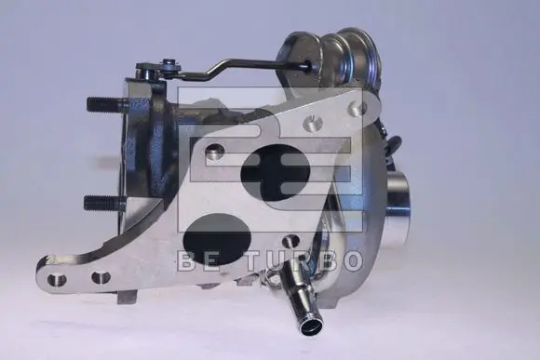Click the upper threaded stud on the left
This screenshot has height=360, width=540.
[x=107, y=104]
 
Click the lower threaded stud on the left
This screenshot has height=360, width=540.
[x=106, y=203]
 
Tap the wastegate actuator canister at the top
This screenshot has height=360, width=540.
[x=331, y=59]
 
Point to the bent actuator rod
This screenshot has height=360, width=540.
[x=241, y=68]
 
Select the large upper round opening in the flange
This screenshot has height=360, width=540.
[x=275, y=173]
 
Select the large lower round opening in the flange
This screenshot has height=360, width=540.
[x=217, y=238]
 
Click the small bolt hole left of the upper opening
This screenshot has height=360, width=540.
[x=214, y=150]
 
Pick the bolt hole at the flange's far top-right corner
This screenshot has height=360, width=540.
[x=356, y=109]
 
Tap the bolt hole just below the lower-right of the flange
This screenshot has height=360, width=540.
[x=290, y=241]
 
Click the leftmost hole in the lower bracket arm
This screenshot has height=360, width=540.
[x=57, y=279]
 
